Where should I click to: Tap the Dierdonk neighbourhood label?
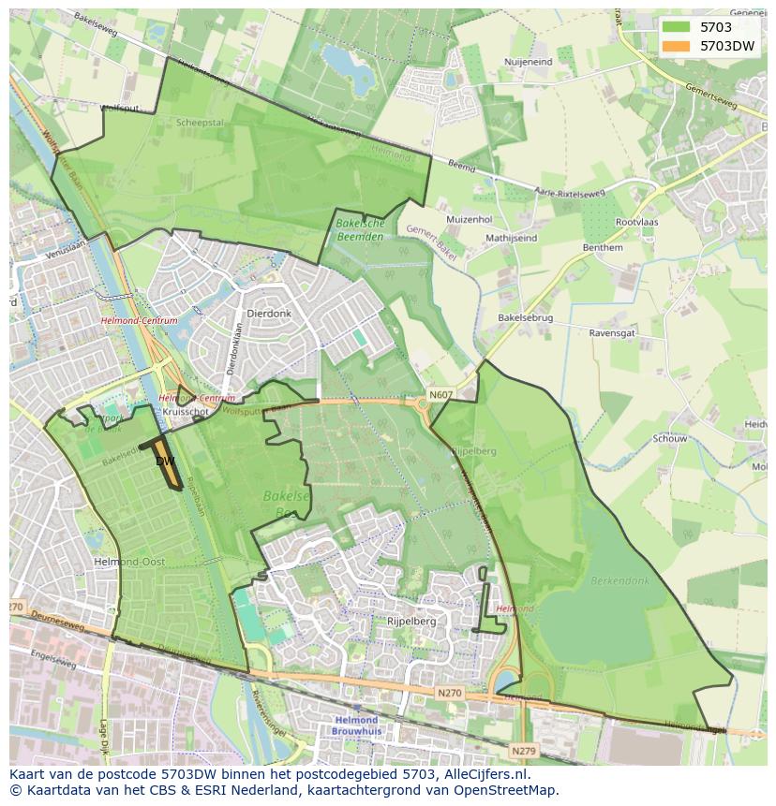(267, 315)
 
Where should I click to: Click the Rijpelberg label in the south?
(412, 621)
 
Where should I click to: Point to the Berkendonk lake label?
(619, 580)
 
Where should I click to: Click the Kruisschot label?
(184, 412)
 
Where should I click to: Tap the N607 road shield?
(440, 396)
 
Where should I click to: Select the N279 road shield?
(523, 751)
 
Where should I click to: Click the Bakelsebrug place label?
(525, 318)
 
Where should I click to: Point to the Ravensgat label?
(612, 332)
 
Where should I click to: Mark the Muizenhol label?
(469, 220)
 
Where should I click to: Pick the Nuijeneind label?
(528, 62)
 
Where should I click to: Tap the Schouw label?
(670, 438)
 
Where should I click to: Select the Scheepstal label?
(200, 123)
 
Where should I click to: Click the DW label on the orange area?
(165, 462)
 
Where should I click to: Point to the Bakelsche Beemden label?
(361, 230)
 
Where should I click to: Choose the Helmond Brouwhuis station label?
(355, 725)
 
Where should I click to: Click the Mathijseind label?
(511, 239)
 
